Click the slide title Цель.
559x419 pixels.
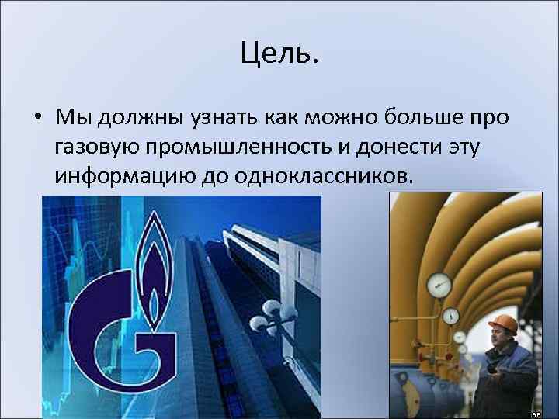point(279,54)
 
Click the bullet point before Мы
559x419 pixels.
point(37,118)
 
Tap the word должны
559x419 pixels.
point(137,118)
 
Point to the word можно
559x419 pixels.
point(342,118)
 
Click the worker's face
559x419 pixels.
point(497,338)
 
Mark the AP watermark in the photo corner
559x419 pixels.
point(535,414)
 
